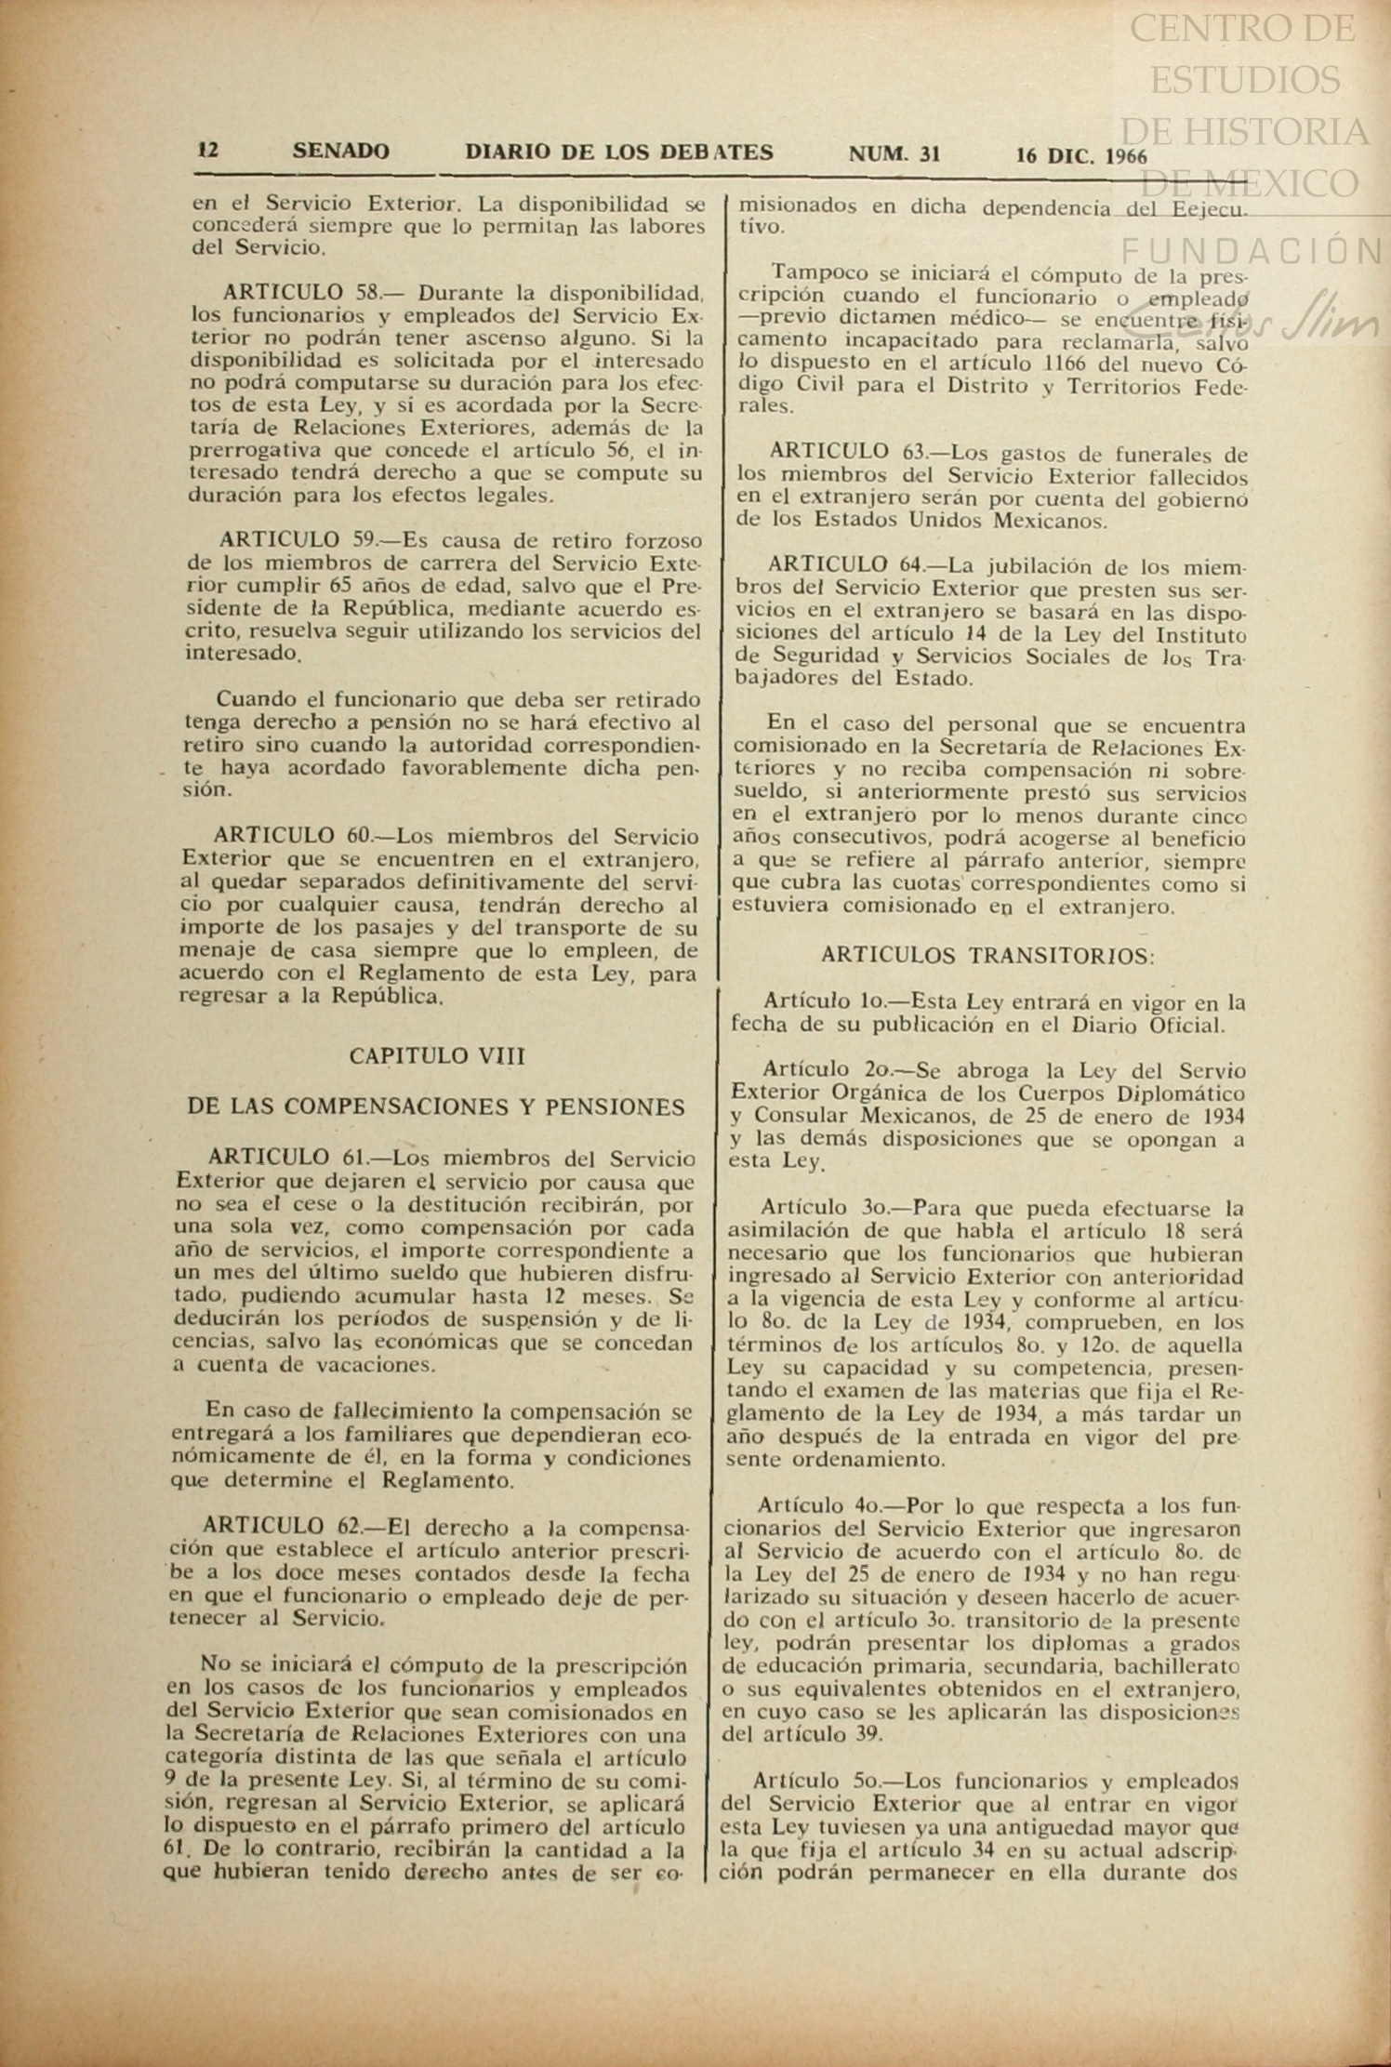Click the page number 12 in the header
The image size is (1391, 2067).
(x=208, y=151)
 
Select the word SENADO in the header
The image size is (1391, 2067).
(x=340, y=152)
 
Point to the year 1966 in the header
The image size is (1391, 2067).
(x=1127, y=156)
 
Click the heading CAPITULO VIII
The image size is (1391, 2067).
(x=437, y=1056)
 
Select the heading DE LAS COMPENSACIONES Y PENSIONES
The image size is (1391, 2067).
(x=436, y=1106)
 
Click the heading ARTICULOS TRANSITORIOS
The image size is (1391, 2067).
(x=989, y=955)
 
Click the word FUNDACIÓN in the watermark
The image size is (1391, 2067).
(x=1252, y=250)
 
